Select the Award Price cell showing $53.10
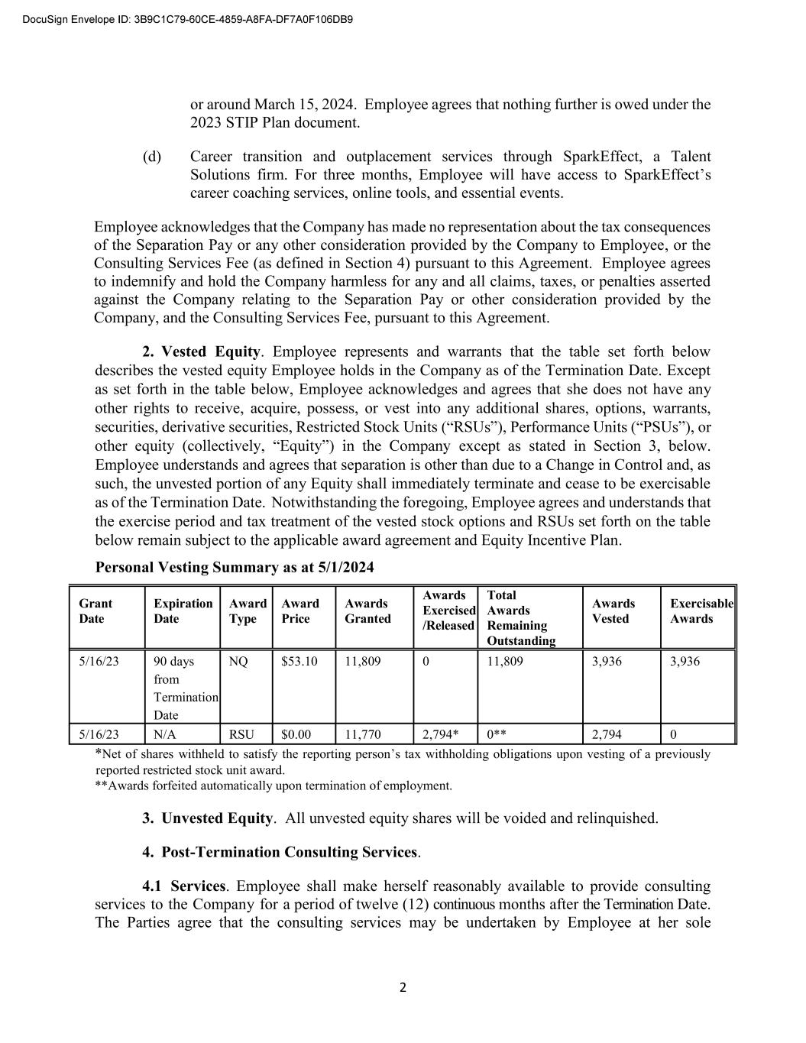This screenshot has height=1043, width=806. click(299, 661)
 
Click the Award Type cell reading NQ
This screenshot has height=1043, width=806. click(238, 661)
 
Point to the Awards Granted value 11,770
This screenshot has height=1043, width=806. click(363, 734)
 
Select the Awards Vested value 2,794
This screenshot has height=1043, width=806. click(607, 734)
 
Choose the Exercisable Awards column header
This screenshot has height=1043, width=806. click(701, 611)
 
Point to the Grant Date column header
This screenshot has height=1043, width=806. click(95, 611)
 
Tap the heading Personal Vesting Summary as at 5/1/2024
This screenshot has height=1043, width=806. click(235, 567)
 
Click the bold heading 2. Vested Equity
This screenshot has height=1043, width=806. click(202, 351)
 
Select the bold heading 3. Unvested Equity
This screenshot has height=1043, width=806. click(207, 818)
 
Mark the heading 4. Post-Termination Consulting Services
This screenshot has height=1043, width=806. click(280, 852)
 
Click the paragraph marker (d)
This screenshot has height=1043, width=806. click(152, 157)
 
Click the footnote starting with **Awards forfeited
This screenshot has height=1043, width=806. click(274, 785)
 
